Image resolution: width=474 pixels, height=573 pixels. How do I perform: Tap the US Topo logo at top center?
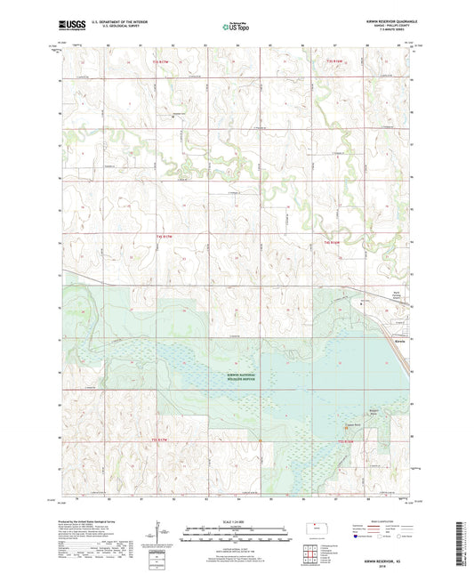pos(235,28)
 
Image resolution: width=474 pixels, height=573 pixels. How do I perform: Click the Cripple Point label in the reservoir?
pos(351,424)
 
